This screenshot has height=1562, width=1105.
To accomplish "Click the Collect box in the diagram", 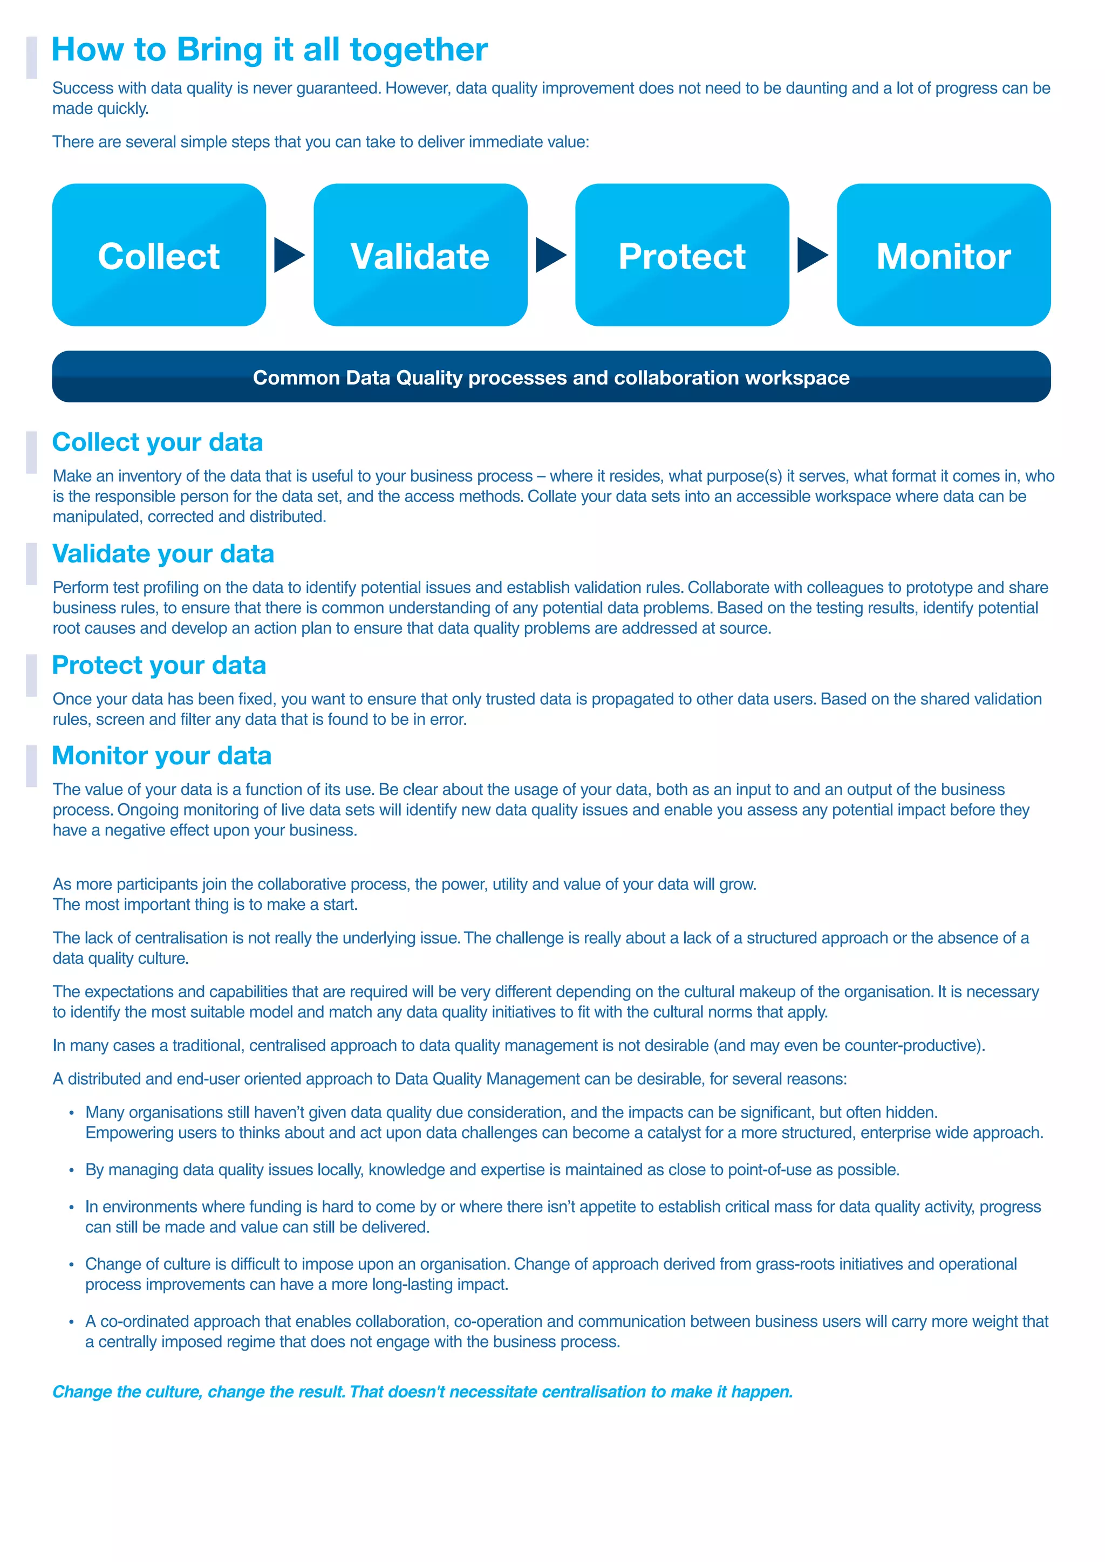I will pos(159,255).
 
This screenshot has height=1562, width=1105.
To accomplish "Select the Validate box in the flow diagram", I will pos(420,255).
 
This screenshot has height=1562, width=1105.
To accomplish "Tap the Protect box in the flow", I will pos(682,255).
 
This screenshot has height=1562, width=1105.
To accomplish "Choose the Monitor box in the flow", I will pos(943,255).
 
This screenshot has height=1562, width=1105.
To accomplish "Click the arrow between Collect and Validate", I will pos(288,255).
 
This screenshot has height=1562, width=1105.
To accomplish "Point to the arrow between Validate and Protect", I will pos(550,255).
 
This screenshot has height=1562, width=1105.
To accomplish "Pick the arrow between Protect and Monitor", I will pos(811,255).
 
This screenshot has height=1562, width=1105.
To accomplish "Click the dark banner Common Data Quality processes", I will pos(551,377).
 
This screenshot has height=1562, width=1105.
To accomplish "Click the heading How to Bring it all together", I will pos(269,50).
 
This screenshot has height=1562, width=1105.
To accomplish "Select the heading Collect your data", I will pos(157,442).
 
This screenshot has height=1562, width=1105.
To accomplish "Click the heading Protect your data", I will pos(159,666).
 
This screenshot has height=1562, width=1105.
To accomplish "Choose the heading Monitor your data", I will pos(161,756).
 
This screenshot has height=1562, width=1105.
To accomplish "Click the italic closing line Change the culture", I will pos(422,1392).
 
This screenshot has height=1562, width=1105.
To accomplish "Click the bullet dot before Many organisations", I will pos(71,1114).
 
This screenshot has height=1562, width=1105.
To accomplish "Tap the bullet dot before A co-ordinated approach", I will pos(71,1323).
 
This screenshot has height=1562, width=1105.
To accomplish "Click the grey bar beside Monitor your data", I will pos(31,765).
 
